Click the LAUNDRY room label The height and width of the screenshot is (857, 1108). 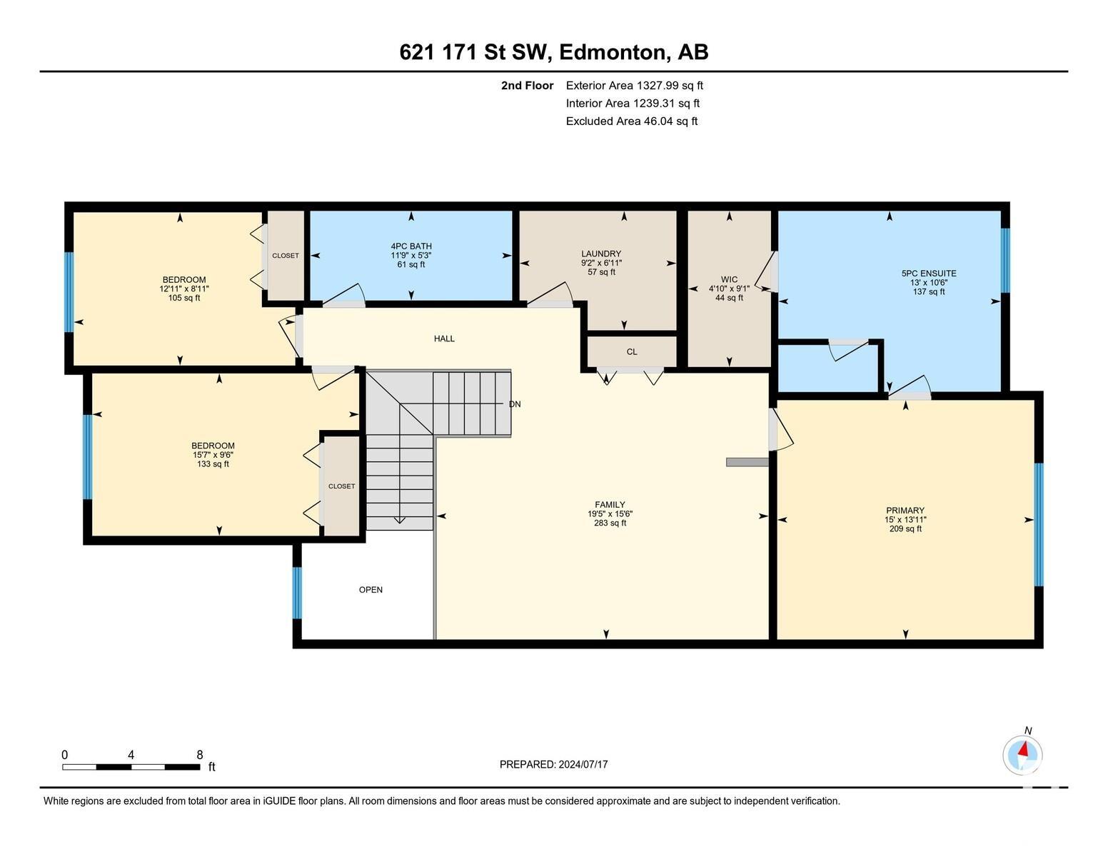601,254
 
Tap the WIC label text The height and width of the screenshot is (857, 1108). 729,279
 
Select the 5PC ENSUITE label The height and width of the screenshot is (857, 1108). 929,274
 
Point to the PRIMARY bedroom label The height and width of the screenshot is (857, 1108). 905,511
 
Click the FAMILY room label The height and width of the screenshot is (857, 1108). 610,505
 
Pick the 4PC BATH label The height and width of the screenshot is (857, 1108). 411,246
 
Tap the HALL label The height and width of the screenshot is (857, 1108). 444,339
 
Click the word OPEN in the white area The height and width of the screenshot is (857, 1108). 371,590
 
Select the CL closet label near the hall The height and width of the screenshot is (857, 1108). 632,352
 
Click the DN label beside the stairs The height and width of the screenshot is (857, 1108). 515,404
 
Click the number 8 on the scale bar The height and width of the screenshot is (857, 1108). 200,755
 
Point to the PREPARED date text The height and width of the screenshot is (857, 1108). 554,764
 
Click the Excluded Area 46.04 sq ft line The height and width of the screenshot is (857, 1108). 632,121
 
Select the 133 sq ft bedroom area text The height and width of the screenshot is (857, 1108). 213,464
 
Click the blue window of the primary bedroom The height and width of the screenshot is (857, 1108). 1039,525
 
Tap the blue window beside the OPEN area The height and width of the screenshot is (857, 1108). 297,593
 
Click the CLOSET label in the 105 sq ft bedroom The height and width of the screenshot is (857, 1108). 286,256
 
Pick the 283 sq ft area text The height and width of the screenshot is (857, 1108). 610,523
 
